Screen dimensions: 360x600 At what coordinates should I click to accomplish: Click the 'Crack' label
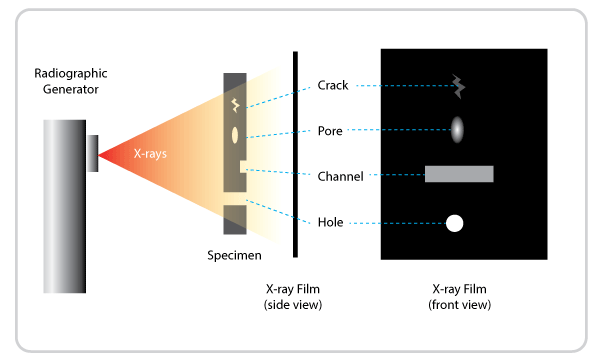click(332, 86)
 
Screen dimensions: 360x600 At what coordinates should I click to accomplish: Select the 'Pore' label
click(331, 130)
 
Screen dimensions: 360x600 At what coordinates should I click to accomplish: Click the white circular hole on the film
click(454, 223)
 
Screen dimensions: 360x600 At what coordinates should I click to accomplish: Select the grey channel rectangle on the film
click(459, 174)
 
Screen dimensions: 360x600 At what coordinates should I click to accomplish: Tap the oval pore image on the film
click(457, 129)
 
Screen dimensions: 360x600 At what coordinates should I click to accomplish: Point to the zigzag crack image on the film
click(456, 87)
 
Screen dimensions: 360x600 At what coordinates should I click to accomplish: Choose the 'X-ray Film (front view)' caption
click(463, 296)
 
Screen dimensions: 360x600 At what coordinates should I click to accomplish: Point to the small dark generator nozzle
click(92, 153)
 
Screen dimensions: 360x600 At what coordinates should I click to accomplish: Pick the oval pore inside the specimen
click(236, 134)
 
